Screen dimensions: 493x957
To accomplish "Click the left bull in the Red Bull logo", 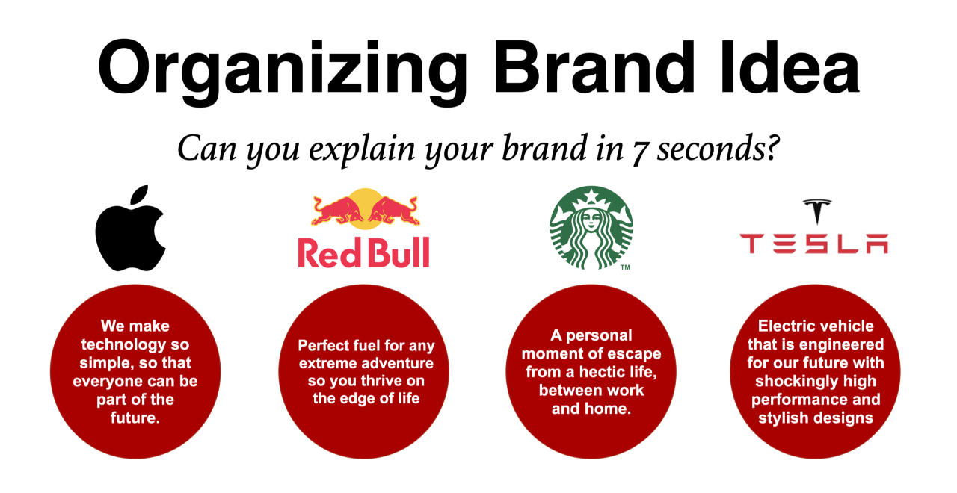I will (337, 210).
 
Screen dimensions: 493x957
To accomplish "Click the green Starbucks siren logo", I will (591, 227).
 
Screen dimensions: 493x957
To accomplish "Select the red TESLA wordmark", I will (814, 244).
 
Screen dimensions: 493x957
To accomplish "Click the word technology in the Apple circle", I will (135, 344).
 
